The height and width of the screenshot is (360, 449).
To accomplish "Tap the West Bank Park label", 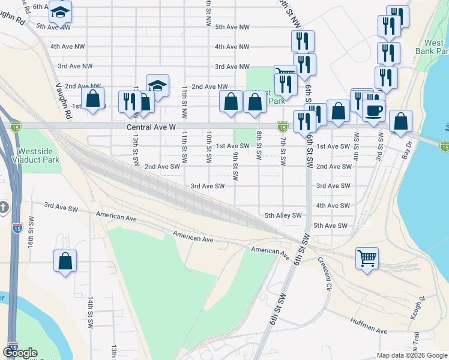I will pyautogui.click(x=434, y=47).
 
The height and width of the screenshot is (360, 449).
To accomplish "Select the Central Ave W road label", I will pyautogui.click(x=151, y=128).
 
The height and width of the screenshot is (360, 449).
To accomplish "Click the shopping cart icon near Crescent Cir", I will pyautogui.click(x=367, y=259).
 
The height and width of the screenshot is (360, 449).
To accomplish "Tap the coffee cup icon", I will pyautogui.click(x=375, y=111).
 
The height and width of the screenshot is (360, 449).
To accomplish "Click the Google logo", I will pyautogui.click(x=20, y=353).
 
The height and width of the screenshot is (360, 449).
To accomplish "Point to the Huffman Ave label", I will pyautogui.click(x=370, y=328).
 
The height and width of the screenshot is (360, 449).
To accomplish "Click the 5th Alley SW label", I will pyautogui.click(x=282, y=215).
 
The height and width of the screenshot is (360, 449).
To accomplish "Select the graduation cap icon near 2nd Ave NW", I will pyautogui.click(x=157, y=86).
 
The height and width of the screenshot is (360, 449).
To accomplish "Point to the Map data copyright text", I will pyautogui.click(x=411, y=355).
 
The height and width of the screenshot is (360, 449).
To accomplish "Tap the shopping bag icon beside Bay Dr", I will pyautogui.click(x=400, y=121).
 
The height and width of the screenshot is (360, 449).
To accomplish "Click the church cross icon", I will pyautogui.click(x=4, y=208).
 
